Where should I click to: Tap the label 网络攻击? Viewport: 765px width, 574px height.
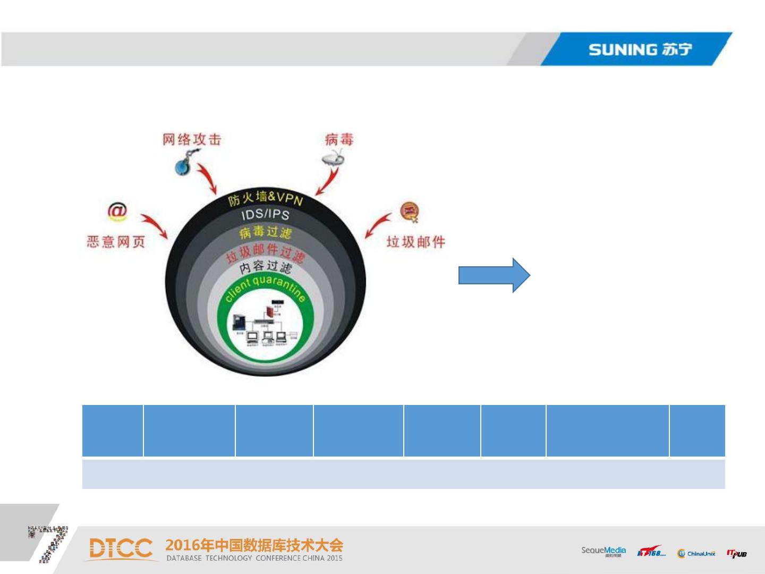coord(191,140)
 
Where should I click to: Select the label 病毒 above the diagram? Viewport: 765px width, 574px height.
coord(339,140)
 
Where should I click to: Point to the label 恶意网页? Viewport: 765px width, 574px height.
coord(116,242)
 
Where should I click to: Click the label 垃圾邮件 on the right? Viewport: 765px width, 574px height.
coord(415,242)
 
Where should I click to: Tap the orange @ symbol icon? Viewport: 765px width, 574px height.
coord(117,212)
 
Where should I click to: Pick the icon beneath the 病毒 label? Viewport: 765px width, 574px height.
coord(334,158)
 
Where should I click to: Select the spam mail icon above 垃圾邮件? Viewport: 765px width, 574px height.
coord(410,212)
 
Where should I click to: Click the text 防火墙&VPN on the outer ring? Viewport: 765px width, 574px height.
coord(266,199)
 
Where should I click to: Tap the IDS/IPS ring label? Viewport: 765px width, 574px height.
coord(265,215)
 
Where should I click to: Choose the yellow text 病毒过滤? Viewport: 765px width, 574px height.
coord(265,232)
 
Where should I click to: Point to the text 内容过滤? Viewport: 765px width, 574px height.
coord(265,266)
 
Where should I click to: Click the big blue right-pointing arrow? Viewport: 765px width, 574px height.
coord(494,275)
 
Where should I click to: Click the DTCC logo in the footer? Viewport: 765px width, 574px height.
coord(121,549)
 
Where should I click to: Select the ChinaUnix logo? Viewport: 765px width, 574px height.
coord(696,553)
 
